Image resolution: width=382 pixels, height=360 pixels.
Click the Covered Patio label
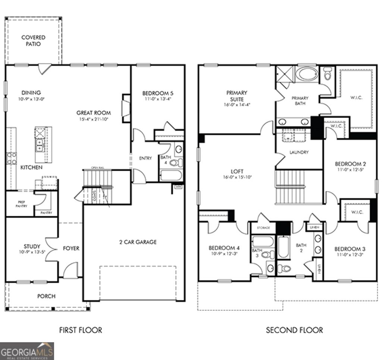coord(33,41)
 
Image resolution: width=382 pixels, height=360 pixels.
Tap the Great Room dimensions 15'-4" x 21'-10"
coord(94,119)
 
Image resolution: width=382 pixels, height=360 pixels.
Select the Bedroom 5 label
coord(158,93)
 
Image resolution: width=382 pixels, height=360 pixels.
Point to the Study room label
coord(32,246)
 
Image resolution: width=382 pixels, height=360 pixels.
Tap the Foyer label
coord(71,248)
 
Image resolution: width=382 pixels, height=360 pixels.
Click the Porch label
coord(46,296)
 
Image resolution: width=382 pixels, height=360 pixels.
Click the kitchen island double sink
coord(39,145)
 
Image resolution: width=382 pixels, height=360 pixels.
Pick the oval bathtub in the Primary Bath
coord(307,74)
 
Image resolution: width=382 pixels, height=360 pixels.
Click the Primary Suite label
coord(237,96)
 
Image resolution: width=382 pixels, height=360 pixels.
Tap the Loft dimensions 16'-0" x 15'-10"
coord(237,177)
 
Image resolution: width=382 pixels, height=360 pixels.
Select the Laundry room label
coord(299,152)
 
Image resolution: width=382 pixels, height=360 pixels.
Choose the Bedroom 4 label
coord(224,248)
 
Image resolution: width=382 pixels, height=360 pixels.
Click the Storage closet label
coord(263,227)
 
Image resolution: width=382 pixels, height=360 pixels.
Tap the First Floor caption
coord(81,330)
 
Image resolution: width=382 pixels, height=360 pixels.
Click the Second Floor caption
coord(294,330)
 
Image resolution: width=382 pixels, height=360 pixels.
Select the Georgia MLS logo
coord(27,351)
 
